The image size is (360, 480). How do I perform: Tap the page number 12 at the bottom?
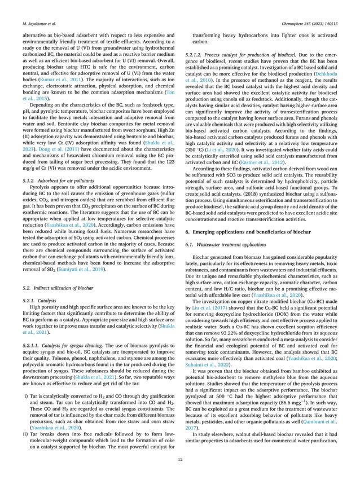pos(180,459)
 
